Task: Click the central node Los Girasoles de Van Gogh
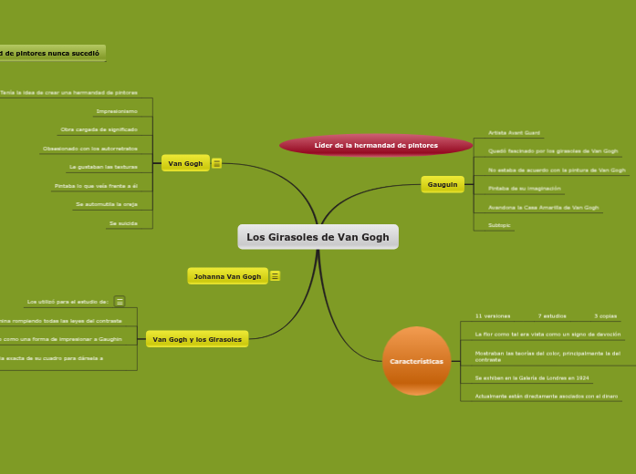318,237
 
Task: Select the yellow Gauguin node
443,184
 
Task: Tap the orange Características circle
416,361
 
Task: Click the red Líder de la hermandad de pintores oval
376,145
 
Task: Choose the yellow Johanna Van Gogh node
227,276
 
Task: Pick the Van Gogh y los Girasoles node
197,339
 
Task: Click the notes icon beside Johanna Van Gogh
275,276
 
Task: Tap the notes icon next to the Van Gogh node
216,163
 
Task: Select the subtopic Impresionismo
117,112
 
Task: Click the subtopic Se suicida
123,223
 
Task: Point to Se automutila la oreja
107,204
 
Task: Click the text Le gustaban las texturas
103,168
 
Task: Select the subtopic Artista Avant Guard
514,133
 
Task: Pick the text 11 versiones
492,316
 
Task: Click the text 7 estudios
552,316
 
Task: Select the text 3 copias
606,316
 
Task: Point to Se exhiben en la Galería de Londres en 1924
532,377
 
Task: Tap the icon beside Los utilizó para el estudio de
120,301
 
